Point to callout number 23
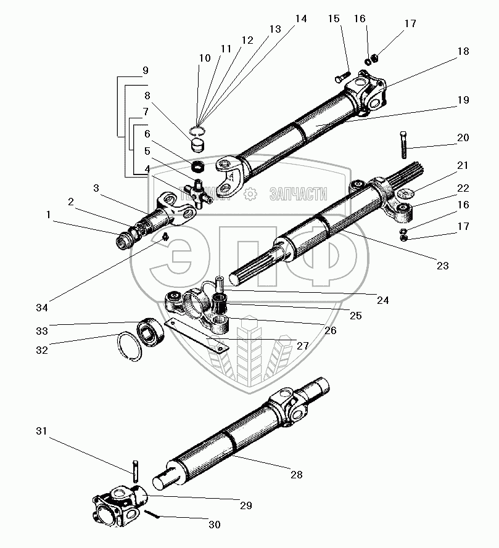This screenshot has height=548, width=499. (x=442, y=266)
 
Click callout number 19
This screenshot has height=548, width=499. (x=463, y=100)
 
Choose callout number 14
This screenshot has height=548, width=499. (x=300, y=19)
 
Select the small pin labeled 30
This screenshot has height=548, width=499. (x=153, y=513)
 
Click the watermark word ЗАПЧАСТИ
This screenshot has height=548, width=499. (x=298, y=195)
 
